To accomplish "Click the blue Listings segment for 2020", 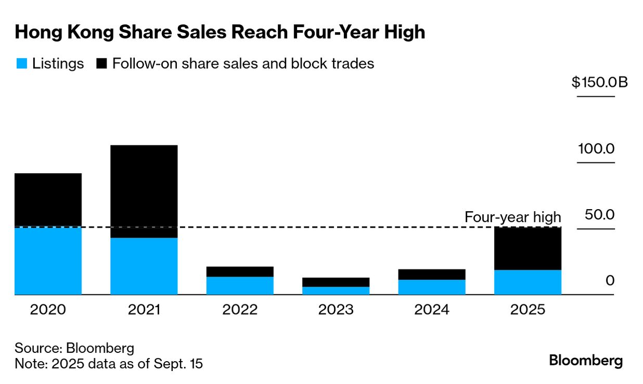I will click(x=48, y=261).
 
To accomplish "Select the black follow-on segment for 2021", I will click(x=144, y=191).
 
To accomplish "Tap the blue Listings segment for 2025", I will click(x=528, y=282).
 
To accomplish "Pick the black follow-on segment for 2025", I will click(x=528, y=248).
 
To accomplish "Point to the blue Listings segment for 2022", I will click(x=240, y=286).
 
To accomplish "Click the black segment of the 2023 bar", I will click(x=336, y=282).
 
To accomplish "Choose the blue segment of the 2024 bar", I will click(x=432, y=287).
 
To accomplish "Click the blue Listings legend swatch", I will click(x=21, y=64).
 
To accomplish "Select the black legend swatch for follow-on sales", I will click(x=102, y=64).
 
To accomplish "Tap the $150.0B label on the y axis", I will click(x=600, y=82).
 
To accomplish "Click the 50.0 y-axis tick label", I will click(x=599, y=215).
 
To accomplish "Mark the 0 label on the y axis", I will click(x=610, y=281).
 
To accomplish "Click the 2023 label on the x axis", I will click(x=336, y=310).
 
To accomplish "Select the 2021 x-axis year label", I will click(x=144, y=310).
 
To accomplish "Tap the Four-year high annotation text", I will click(x=512, y=217).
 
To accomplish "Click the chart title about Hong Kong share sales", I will click(x=220, y=32).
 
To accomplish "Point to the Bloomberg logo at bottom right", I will click(x=586, y=360).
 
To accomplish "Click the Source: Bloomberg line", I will click(x=74, y=348).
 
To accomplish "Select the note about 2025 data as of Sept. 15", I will click(x=109, y=364).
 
